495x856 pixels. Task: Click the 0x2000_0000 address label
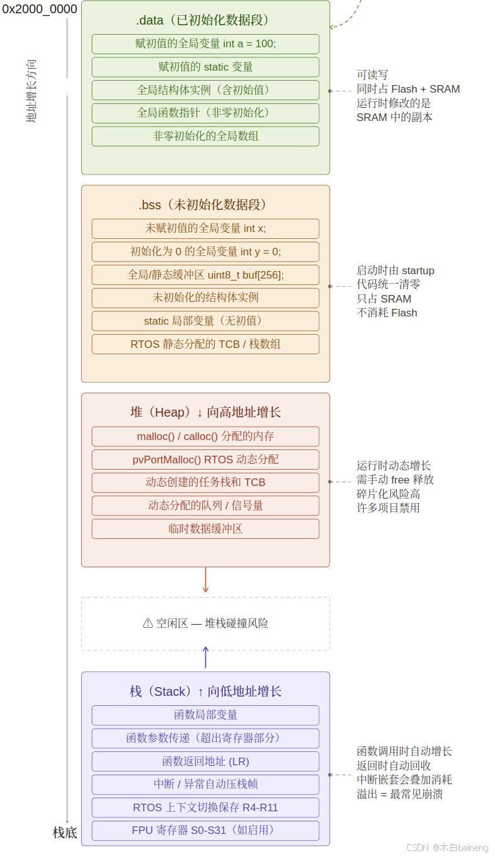(40, 9)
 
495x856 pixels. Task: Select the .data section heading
(205, 21)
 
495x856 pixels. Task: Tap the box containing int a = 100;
(205, 44)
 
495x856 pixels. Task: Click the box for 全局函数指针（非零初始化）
(205, 113)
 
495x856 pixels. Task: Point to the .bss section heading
(205, 205)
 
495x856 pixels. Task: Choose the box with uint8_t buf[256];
(205, 275)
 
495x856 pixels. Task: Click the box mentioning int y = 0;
(205, 252)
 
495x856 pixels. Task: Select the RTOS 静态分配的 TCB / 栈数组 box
(205, 344)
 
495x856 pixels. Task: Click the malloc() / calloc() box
(205, 436)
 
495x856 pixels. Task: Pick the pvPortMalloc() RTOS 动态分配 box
(205, 460)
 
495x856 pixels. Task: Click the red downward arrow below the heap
(205, 580)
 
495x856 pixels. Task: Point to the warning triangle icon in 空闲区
(148, 623)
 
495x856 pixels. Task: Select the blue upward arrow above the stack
(205, 657)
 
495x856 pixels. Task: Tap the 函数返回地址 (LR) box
(205, 761)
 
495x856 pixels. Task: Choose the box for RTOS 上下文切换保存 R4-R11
(205, 807)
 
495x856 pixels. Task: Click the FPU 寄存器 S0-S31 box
(205, 830)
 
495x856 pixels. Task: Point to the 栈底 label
(65, 833)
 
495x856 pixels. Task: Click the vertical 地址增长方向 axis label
(31, 91)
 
